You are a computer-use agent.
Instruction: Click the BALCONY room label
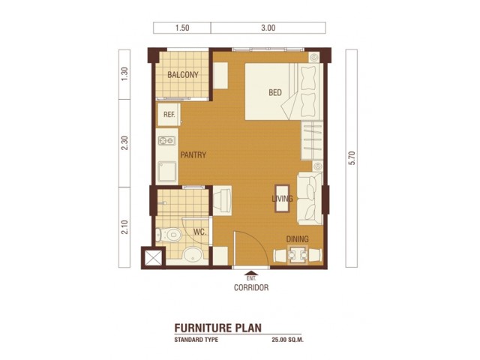coord(183,75)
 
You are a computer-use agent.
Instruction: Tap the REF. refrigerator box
coord(169,115)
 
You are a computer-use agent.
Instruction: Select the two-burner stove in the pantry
coord(166,141)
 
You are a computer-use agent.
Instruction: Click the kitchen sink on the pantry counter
coord(166,172)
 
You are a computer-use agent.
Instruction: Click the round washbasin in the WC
coord(193,255)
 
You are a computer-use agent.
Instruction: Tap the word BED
coord(275,92)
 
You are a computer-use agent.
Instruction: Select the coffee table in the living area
coord(282,198)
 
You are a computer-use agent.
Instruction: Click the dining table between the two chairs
coord(297,254)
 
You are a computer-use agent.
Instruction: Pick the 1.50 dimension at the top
coord(182,28)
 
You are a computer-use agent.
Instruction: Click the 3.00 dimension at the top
coord(268,28)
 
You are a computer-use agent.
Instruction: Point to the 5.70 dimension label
coord(352,158)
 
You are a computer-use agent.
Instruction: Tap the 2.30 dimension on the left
coord(124,143)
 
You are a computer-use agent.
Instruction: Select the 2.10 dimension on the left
coord(124,226)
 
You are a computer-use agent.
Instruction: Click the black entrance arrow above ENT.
coord(250,273)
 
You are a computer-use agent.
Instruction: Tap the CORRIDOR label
coord(251,287)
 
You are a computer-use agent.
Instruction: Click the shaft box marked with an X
coord(153,258)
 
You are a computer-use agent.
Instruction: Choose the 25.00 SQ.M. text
coord(287,340)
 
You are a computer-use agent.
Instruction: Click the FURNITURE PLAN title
coord(218,328)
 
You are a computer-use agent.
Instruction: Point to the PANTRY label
coord(193,155)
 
